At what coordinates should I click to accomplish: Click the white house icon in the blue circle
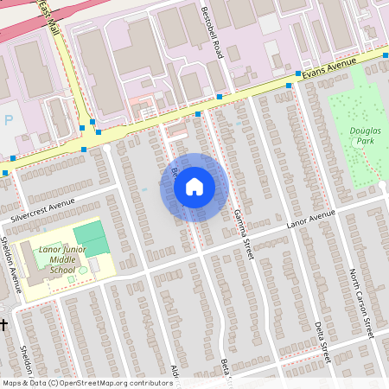[194, 187]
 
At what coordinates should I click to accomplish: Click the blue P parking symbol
[8, 120]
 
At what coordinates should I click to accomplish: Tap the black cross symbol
[3, 325]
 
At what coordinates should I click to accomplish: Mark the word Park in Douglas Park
[368, 143]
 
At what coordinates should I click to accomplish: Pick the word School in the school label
[62, 270]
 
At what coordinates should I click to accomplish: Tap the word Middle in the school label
[63, 259]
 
